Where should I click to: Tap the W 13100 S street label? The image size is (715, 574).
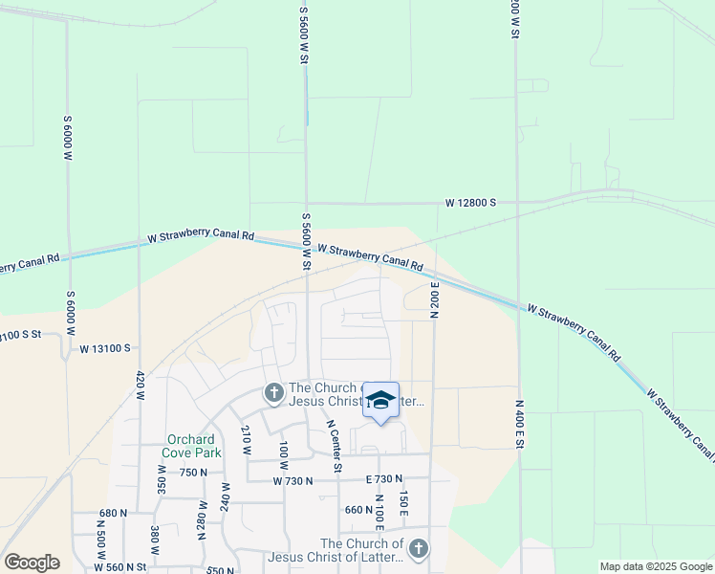(104, 349)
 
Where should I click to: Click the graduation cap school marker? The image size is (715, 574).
(380, 401)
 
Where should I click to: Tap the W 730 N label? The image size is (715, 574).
(292, 480)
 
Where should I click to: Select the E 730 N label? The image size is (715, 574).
(383, 478)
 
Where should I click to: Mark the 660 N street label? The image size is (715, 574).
(358, 510)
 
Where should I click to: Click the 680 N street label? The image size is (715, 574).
(112, 513)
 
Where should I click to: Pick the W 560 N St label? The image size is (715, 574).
(119, 566)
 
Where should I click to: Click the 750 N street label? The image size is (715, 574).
(192, 472)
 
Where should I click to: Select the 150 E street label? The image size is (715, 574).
(403, 504)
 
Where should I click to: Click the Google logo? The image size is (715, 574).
(32, 563)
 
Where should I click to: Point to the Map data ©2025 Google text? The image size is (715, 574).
(655, 566)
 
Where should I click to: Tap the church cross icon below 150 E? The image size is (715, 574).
(418, 548)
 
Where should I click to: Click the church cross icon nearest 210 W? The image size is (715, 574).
(272, 392)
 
